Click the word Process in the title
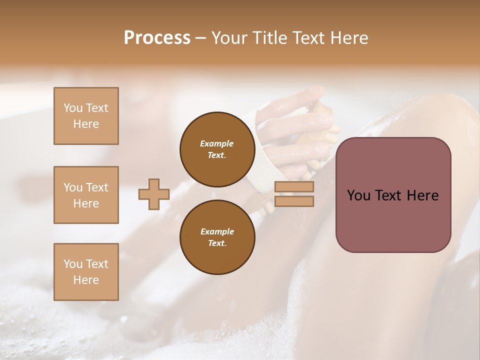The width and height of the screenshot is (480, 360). coord(157,38)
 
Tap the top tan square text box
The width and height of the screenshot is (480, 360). coord(86,116)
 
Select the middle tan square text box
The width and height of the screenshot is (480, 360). coord(86,195)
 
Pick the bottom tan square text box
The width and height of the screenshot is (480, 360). coord(86,272)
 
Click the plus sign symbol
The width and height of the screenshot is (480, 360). coord(154,194)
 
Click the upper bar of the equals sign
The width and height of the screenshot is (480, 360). coord(294,187)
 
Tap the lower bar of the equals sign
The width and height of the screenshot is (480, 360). coord(294,201)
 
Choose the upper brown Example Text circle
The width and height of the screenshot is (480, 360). coord(217,149)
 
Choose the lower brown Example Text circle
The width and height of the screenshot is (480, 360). coord(217,237)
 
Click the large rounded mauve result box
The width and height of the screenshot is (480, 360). coord(393,195)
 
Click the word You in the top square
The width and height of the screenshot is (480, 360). coord(73,108)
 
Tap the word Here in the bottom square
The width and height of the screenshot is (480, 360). coord(86,280)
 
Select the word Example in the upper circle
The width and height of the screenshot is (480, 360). coord(217,143)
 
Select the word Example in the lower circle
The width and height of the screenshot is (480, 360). coord(217,231)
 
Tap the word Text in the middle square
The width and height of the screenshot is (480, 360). coord(97,187)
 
